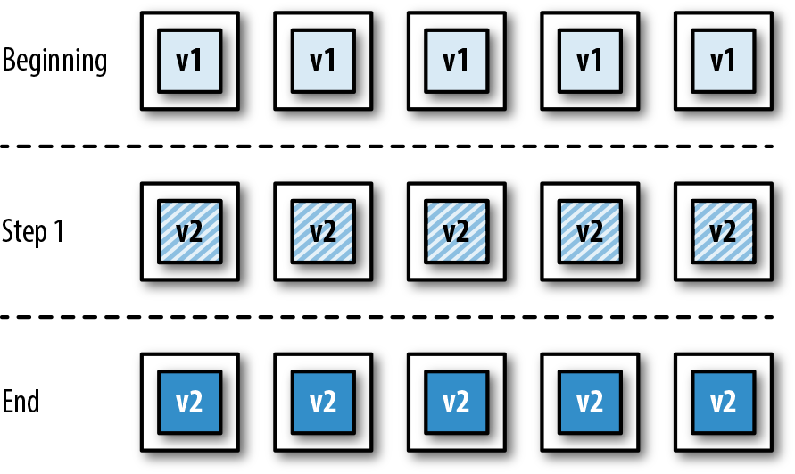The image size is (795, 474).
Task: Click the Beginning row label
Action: click(54, 62)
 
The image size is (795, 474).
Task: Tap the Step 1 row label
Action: click(33, 231)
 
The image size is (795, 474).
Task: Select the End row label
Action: click(21, 402)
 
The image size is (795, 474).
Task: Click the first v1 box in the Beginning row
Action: click(189, 61)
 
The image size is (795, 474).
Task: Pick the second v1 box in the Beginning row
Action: click(323, 61)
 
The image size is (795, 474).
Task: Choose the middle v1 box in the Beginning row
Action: click(456, 61)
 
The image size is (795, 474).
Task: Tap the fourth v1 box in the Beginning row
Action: click(590, 61)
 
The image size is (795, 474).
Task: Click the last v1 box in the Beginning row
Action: click(723, 61)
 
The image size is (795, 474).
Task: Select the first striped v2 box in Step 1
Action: click(189, 231)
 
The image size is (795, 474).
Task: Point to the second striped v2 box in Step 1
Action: click(323, 231)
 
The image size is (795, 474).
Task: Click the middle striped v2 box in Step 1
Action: click(456, 231)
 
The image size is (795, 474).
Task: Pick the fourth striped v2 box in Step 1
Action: click(590, 231)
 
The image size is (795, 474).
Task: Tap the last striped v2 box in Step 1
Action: click(723, 231)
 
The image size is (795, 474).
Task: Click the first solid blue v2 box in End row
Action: click(189, 402)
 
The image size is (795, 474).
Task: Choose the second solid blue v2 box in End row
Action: click(323, 402)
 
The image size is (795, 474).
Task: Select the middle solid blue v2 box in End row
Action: click(456, 402)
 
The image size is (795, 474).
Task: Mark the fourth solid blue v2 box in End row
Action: click(590, 402)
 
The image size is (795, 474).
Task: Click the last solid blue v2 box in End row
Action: click(723, 402)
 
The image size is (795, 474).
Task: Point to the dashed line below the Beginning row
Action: click(397, 146)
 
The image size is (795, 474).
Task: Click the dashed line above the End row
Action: click(397, 316)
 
